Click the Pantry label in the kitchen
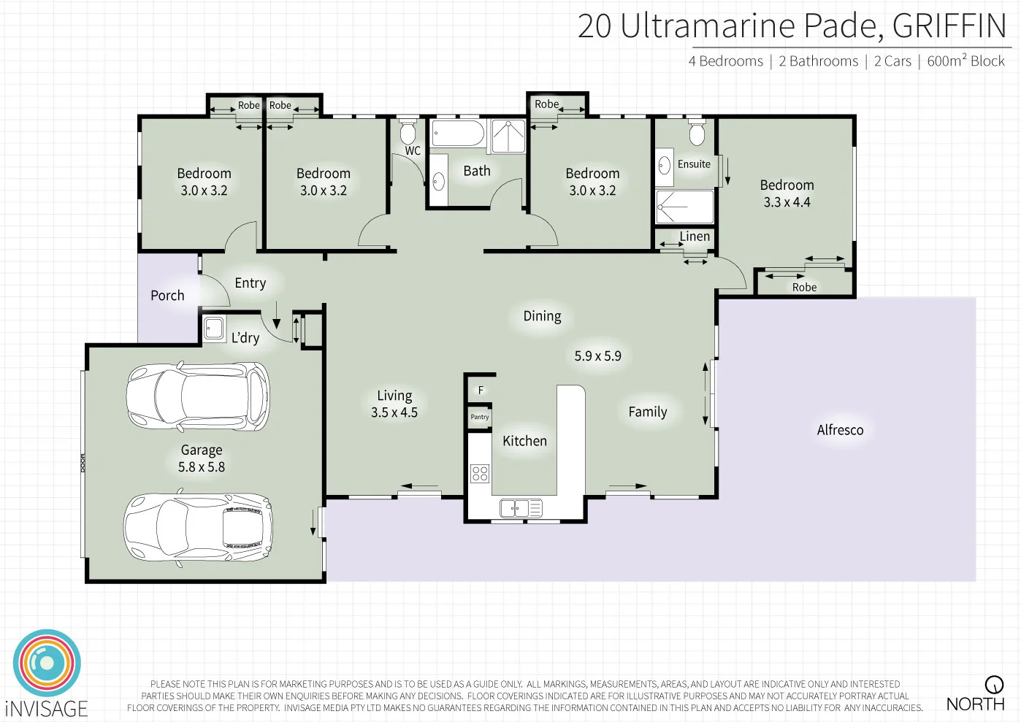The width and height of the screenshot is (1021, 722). coord(479,417)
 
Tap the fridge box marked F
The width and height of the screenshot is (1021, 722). coord(480,390)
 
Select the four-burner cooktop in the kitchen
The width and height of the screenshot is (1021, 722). coord(480,473)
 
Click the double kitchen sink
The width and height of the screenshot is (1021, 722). coord(521,508)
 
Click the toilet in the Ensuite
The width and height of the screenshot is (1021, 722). coord(697,134)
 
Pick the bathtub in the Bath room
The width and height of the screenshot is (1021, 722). coord(458,135)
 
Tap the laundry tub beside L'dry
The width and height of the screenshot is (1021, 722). coord(214,329)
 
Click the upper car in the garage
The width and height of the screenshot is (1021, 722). coord(198,397)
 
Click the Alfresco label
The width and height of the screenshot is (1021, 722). coord(840,430)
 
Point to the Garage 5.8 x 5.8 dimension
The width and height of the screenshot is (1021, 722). coord(202,466)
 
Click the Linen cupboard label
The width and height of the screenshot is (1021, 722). coord(694,237)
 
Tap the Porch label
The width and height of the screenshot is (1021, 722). coord(167,296)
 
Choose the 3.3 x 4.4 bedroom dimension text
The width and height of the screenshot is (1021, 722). coord(787,202)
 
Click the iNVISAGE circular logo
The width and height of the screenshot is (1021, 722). coord(47,663)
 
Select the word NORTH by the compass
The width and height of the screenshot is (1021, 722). coord(975,704)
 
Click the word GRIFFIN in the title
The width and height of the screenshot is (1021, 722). coord(949,26)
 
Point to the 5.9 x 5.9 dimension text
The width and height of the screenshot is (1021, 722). coord(597,356)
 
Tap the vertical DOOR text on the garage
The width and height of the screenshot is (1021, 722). coord(83,463)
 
